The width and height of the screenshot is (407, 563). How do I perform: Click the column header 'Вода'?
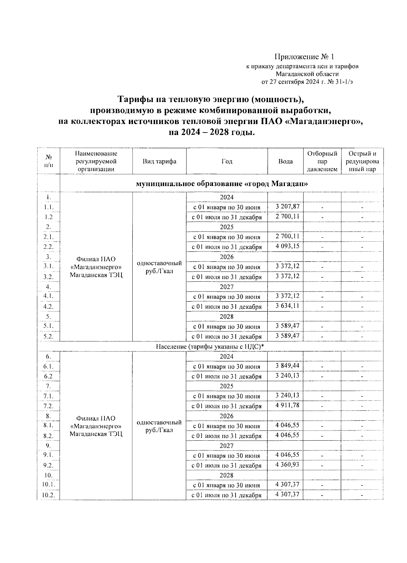[x=285, y=161]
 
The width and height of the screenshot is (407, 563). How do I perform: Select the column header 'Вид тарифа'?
[x=159, y=161]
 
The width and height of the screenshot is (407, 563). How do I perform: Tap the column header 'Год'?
[x=227, y=161]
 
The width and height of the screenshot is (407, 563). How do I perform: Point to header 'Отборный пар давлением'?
[x=322, y=161]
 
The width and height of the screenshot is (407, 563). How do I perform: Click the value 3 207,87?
[x=288, y=206]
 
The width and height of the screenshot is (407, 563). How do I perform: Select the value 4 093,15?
[x=288, y=246]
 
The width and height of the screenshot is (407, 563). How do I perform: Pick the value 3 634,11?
[x=288, y=306]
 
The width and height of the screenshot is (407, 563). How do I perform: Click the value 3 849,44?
[x=288, y=365]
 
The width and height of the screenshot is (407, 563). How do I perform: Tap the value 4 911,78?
[x=288, y=405]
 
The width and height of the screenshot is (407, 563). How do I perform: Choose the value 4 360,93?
[x=288, y=465]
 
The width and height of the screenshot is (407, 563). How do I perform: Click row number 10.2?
[x=49, y=495]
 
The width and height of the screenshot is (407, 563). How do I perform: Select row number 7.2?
[x=49, y=406]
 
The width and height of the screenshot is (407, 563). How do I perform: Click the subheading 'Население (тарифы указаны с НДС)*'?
[x=210, y=347]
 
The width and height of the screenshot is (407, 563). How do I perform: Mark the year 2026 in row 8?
[x=227, y=416]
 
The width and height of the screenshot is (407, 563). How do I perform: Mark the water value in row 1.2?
[x=288, y=216]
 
